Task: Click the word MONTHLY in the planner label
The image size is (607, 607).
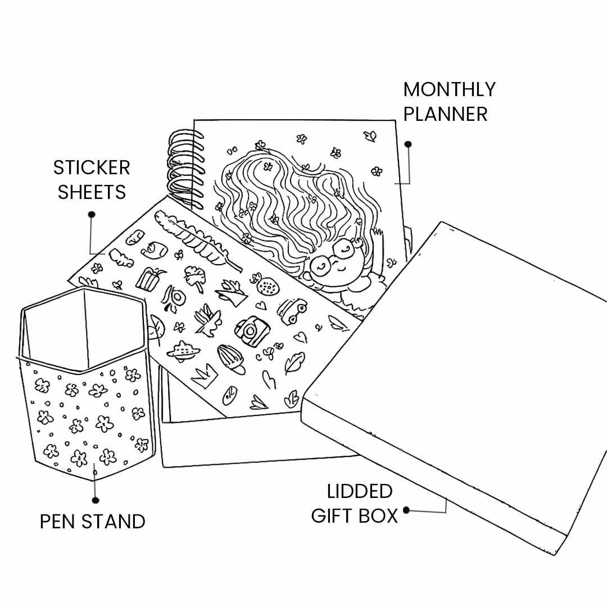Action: [449, 89]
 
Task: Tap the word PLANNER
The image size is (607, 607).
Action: [445, 114]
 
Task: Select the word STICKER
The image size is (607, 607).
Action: [92, 167]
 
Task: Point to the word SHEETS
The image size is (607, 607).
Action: [92, 192]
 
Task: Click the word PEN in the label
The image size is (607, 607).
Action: [58, 522]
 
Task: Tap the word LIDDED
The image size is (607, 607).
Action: [360, 491]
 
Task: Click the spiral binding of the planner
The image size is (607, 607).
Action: [184, 169]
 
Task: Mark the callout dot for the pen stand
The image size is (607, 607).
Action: [96, 500]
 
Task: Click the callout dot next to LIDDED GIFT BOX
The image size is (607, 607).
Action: [406, 510]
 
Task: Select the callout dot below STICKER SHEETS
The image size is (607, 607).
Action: [92, 214]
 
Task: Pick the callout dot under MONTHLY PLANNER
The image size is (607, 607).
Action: [408, 144]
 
